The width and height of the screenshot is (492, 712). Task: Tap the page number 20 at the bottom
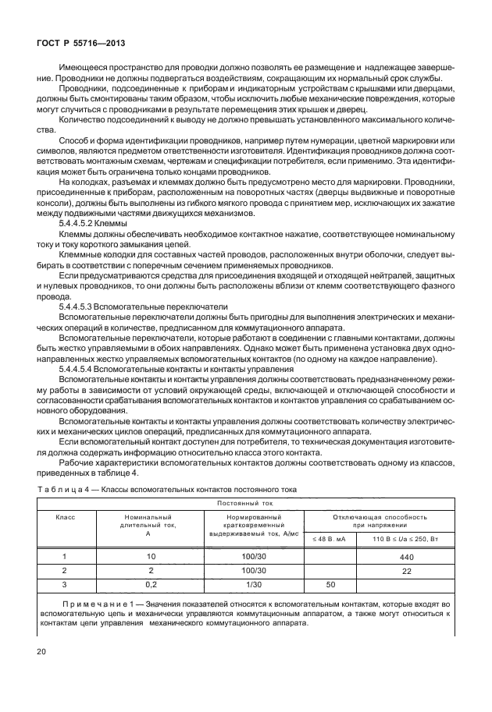pyautogui.click(x=41, y=651)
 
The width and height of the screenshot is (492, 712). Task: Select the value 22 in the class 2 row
pyautogui.click(x=406, y=572)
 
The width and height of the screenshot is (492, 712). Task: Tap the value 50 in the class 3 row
pyautogui.click(x=329, y=584)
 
